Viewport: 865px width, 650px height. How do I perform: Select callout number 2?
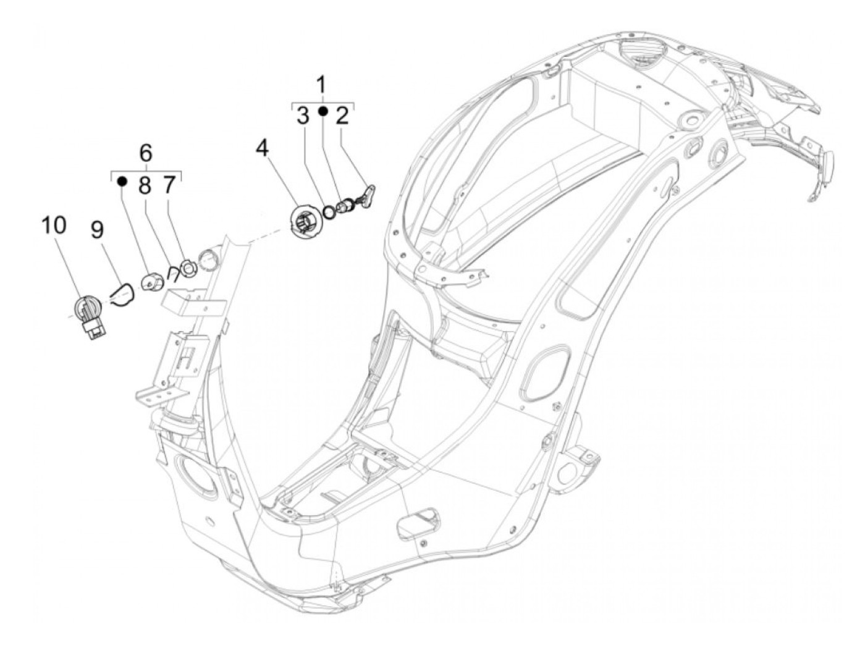pyautogui.click(x=342, y=115)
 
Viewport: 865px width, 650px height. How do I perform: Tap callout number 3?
pyautogui.click(x=303, y=115)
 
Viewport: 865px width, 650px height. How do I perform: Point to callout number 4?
pyautogui.click(x=263, y=148)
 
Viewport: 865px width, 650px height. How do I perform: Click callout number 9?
pyautogui.click(x=98, y=231)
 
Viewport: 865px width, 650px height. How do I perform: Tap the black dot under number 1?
pyautogui.click(x=323, y=111)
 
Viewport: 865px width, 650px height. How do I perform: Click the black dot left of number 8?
pyautogui.click(x=122, y=181)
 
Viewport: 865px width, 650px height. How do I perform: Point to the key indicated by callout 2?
pyautogui.click(x=369, y=197)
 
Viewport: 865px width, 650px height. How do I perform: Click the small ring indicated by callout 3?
pyautogui.click(x=331, y=212)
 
